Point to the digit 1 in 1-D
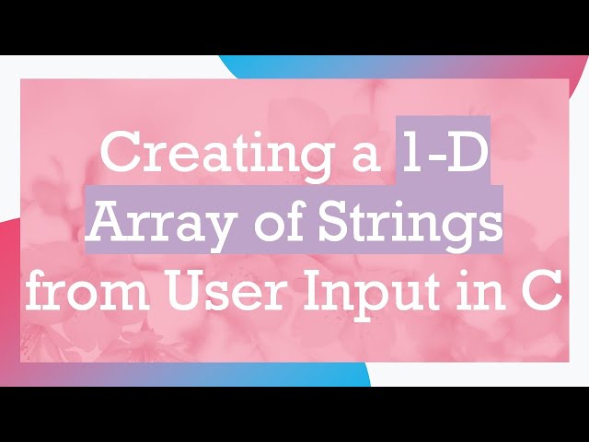[410, 152]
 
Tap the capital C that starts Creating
[119, 152]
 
